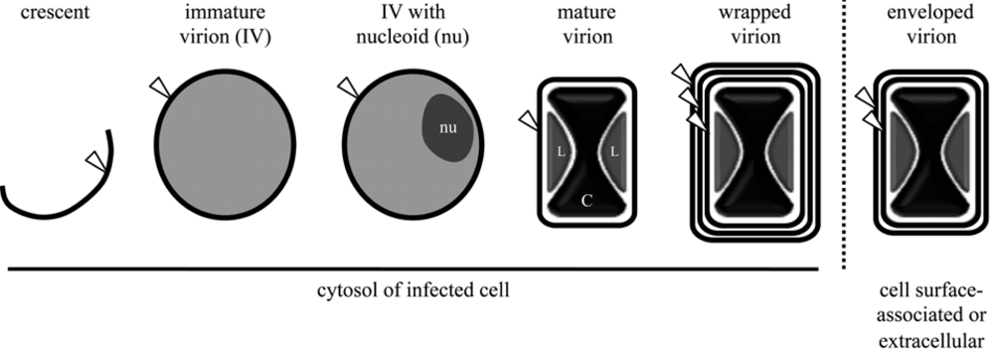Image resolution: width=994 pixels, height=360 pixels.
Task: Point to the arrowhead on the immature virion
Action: pyautogui.click(x=158, y=89)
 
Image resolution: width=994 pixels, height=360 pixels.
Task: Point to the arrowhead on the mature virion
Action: pyautogui.click(x=528, y=119)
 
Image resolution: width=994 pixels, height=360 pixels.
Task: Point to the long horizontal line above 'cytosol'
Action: pyautogui.click(x=414, y=269)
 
